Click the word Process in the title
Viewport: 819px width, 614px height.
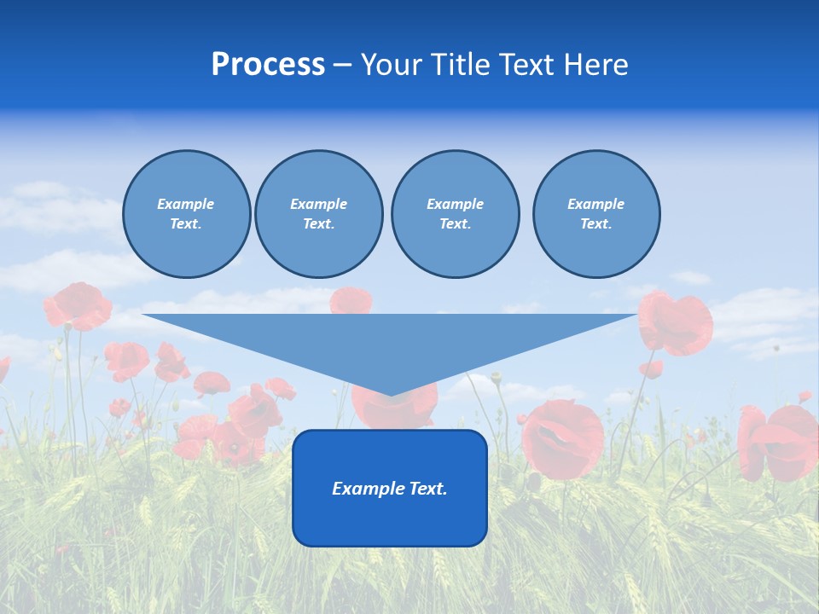pyautogui.click(x=268, y=65)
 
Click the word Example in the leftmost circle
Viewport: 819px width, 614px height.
pyautogui.click(x=186, y=204)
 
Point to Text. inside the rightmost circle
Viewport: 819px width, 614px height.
pyautogui.click(x=595, y=223)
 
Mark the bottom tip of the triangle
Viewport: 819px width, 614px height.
pyautogui.click(x=391, y=394)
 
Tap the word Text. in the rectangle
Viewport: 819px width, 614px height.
pyautogui.click(x=427, y=489)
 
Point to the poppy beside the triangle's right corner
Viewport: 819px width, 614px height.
pyautogui.click(x=676, y=322)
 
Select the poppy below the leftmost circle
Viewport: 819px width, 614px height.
pyautogui.click(x=78, y=305)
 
